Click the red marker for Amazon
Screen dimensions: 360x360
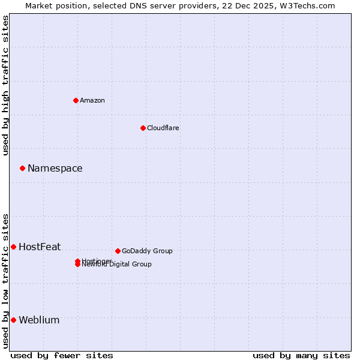pos(76,100)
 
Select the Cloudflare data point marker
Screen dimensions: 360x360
pos(143,128)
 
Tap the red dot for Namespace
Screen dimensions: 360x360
pos(22,169)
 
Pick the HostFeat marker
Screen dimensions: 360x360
pos(13,247)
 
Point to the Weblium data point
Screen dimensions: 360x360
pos(13,320)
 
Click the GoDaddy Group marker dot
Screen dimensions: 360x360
pos(118,251)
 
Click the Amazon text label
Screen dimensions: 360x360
pos(92,100)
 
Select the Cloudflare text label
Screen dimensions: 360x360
pos(163,128)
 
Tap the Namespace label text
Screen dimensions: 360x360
pos(55,169)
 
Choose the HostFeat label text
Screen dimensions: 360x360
pos(40,247)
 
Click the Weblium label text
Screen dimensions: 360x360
pos(39,320)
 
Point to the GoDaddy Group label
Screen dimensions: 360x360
pos(147,251)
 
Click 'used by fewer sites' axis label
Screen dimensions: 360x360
pos(62,355)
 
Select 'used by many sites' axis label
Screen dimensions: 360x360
pos(301,355)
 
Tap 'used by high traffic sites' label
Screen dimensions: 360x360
pos(5,85)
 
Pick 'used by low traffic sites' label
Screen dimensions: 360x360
pos(5,280)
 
